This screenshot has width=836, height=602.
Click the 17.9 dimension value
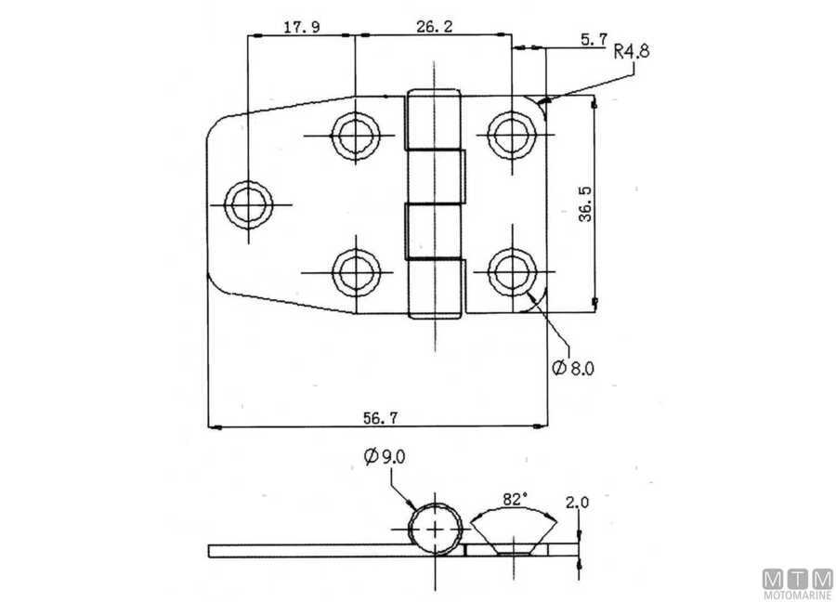(302, 27)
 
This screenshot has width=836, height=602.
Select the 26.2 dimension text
(434, 27)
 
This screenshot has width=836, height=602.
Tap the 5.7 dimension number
(593, 39)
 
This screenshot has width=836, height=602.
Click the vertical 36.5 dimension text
(610, 203)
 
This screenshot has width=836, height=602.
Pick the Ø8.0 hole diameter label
(572, 368)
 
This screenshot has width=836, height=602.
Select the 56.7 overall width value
(377, 417)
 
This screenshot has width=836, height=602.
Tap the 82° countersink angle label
(515, 498)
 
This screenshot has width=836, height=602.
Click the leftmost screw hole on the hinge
(248, 203)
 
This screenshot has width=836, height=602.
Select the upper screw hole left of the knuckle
(355, 136)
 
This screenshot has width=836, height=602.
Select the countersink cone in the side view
(514, 536)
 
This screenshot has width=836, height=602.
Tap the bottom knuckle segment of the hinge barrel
(435, 290)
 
